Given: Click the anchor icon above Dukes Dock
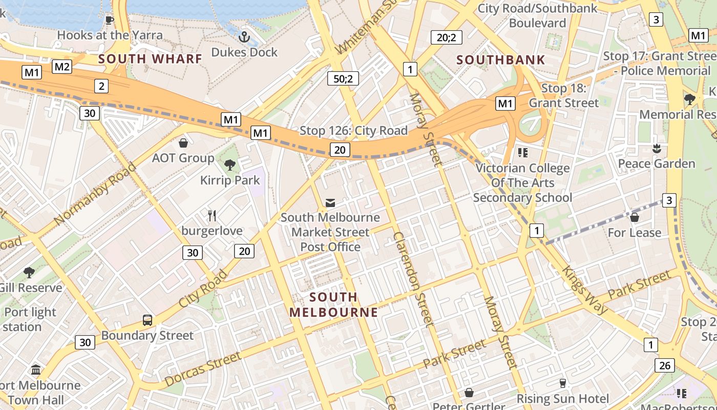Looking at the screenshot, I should tap(244, 36).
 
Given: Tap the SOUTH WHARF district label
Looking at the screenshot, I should tap(151, 59).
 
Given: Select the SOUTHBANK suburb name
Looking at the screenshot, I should tap(501, 60).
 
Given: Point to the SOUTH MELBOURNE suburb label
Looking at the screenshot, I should tap(333, 304).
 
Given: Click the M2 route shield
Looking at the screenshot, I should tap(62, 66).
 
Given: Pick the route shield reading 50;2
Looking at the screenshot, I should tap(343, 78).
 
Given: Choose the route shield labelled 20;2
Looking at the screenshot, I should tap(446, 37).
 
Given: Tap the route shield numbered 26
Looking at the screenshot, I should tap(664, 365).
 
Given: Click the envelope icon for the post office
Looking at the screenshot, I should tap(330, 203).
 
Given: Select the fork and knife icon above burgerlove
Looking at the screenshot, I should tap(212, 215).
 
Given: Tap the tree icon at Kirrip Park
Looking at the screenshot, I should tap(230, 165).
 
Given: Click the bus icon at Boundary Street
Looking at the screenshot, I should tap(147, 320).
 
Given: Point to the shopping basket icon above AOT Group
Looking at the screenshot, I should tap(183, 142).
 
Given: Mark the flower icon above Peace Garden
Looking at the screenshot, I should tap(656, 149).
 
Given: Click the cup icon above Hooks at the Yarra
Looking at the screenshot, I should tap(109, 20).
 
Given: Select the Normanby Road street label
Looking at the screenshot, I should tap(95, 194).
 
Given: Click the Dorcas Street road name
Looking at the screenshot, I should tap(202, 370).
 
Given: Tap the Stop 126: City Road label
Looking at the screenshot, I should tap(353, 131).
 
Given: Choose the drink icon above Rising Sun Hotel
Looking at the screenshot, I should tap(563, 383).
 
